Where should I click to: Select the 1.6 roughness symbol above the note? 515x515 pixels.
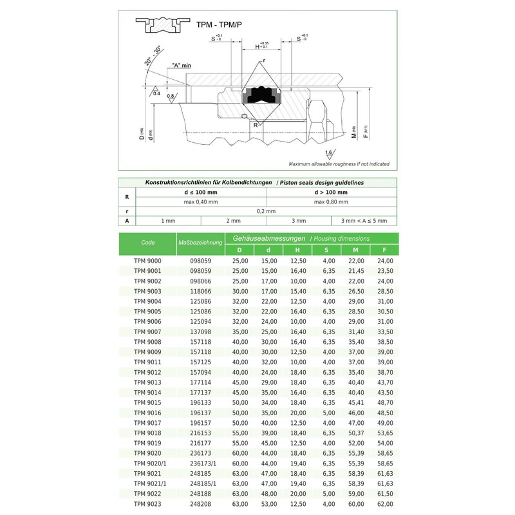coord(330,153)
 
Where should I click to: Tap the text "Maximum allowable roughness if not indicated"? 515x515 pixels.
coord(339,164)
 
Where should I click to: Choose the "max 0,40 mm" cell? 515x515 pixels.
coord(201,201)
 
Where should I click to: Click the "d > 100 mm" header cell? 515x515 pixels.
coord(331,192)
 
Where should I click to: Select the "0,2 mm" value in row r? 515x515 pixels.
coord(266,211)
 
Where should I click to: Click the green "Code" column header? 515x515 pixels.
coord(147,242)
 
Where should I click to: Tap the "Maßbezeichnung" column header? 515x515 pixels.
coord(200,242)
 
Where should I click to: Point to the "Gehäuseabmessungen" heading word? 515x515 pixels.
coord(266,238)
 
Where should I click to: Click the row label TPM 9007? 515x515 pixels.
coord(147,331)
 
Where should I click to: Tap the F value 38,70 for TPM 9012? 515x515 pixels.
coord(384,372)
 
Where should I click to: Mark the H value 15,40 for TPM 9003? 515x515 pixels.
coord(297,291)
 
